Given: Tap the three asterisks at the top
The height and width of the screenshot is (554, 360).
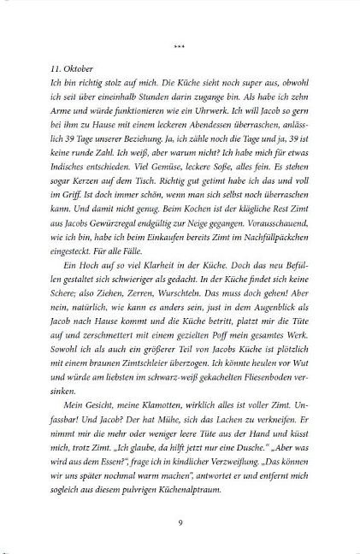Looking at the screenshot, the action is [180, 39].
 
